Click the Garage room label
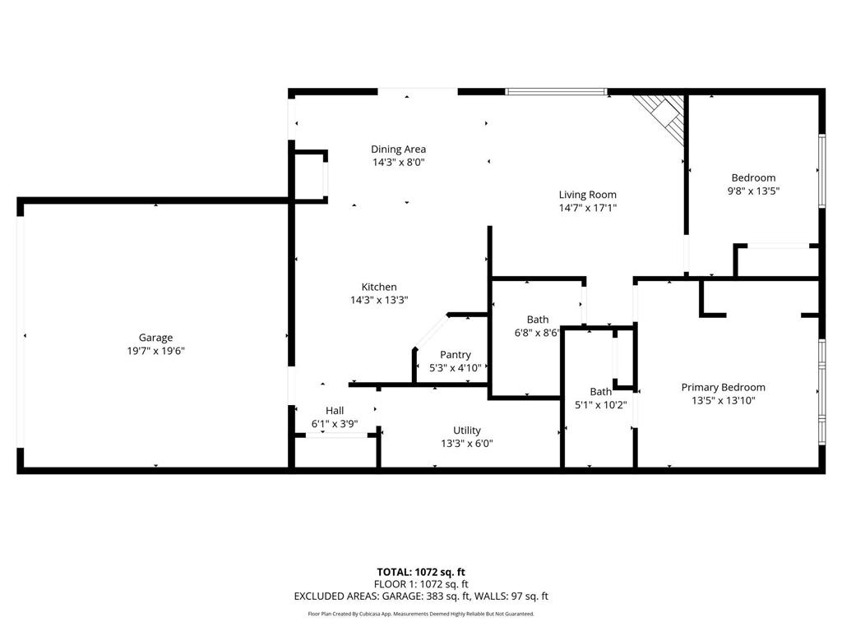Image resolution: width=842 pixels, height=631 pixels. click(155, 338)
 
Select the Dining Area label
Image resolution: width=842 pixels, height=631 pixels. click(398, 150)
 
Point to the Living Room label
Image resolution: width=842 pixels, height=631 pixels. click(587, 195)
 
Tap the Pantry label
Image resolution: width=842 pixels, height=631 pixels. click(456, 355)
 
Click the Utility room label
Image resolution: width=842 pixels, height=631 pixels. click(467, 431)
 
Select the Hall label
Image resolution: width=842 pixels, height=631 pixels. click(335, 411)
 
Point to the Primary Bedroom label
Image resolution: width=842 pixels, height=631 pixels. click(723, 388)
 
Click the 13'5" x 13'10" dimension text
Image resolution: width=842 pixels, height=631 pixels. click(723, 401)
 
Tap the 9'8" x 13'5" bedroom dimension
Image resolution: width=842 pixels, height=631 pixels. click(753, 191)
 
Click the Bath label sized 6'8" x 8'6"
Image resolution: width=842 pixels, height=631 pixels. click(538, 320)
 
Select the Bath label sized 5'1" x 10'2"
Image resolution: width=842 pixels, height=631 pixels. click(600, 392)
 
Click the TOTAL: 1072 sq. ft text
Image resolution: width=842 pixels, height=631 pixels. click(421, 572)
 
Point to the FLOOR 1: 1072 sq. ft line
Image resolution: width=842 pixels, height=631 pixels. click(421, 584)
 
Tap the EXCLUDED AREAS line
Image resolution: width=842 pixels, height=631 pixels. click(421, 596)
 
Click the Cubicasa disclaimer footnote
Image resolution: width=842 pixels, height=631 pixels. click(421, 614)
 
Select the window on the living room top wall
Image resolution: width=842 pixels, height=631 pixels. click(556, 91)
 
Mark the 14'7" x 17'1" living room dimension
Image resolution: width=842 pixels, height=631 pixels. click(587, 208)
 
